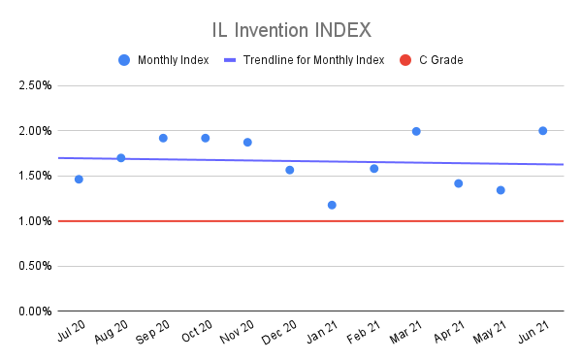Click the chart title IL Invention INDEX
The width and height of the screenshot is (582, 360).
pos(290,28)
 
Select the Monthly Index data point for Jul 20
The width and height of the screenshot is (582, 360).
pos(79,180)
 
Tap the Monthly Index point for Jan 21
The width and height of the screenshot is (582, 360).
pos(332,205)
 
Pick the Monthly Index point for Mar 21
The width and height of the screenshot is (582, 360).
pos(416,131)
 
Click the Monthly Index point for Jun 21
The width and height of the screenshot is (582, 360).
pos(542,131)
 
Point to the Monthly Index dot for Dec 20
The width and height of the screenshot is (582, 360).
pos(289,170)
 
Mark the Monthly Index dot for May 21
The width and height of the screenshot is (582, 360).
pos(501,190)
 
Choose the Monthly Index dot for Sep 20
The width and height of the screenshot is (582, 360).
pos(163,138)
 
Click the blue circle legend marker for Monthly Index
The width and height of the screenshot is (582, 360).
pos(123,60)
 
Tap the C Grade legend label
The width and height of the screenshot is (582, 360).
pos(440,60)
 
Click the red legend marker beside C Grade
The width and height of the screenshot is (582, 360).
pos(405,60)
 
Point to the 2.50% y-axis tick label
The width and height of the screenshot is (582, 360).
pos(33,85)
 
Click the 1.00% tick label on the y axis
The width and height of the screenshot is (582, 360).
pos(33,221)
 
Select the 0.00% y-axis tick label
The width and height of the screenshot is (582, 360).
pos(33,311)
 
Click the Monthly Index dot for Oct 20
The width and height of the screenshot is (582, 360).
pos(205,138)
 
